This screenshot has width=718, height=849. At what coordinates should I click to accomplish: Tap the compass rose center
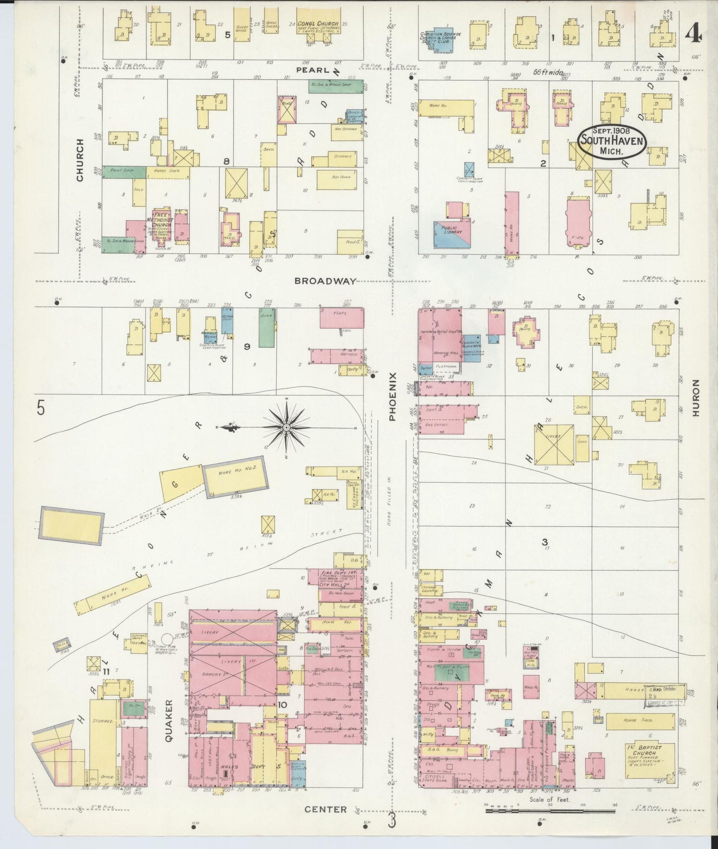pos(287,427)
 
